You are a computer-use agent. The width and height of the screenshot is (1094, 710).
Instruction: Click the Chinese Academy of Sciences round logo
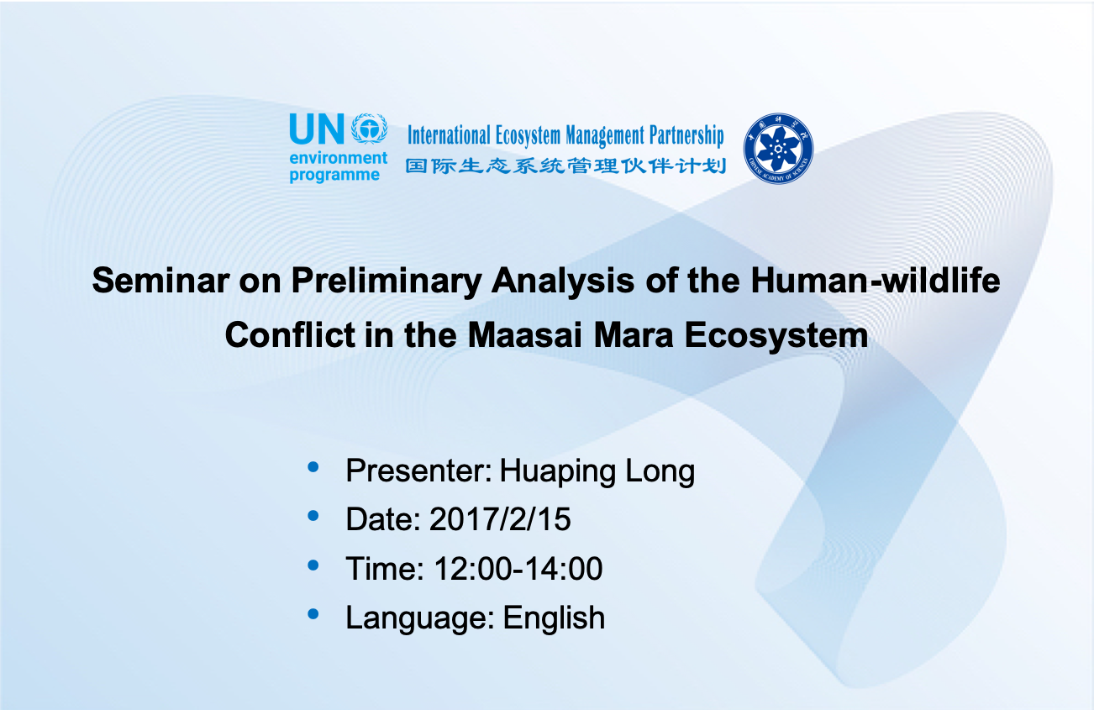pyautogui.click(x=778, y=149)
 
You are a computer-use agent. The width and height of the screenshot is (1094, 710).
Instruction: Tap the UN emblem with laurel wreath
pyautogui.click(x=370, y=129)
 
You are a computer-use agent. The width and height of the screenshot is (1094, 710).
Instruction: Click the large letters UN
pyautogui.click(x=317, y=129)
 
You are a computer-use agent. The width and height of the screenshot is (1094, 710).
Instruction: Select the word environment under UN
pyautogui.click(x=338, y=158)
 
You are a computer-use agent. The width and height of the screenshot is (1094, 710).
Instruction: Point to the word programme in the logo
pyautogui.click(x=334, y=175)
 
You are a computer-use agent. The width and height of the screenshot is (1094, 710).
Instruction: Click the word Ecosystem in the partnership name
pyautogui.click(x=528, y=135)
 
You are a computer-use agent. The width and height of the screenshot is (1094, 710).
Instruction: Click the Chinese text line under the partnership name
pyautogui.click(x=565, y=166)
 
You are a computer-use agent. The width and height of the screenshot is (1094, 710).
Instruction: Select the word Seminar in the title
pyautogui.click(x=160, y=281)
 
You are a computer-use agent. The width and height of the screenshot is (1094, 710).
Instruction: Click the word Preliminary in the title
pyautogui.click(x=387, y=282)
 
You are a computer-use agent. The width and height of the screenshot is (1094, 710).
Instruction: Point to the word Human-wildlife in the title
pyautogui.click(x=876, y=281)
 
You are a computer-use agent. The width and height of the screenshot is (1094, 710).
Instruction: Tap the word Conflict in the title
pyautogui.click(x=290, y=335)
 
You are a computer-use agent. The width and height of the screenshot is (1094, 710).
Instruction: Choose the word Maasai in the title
pyautogui.click(x=525, y=335)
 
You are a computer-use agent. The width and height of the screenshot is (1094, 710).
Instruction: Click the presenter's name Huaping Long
pyautogui.click(x=597, y=471)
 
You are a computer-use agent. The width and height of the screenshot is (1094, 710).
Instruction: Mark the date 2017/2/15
pyautogui.click(x=500, y=518)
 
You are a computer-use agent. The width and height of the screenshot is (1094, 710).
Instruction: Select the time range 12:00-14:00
pyautogui.click(x=518, y=568)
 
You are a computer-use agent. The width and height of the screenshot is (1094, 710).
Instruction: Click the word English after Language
pyautogui.click(x=554, y=618)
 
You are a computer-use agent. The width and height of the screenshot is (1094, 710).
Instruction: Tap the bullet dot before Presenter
pyautogui.click(x=313, y=467)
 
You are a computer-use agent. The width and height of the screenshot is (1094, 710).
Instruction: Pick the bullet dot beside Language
pyautogui.click(x=313, y=614)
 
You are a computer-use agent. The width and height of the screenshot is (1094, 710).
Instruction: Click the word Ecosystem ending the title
pyautogui.click(x=776, y=336)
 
